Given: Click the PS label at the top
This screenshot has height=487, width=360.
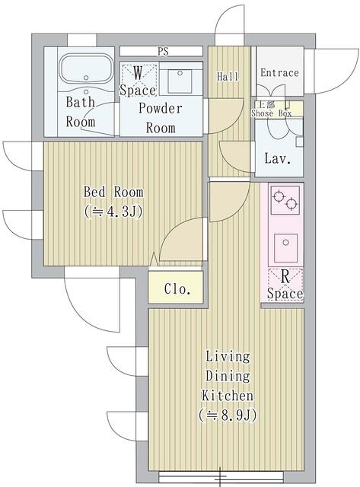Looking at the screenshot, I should pos(162,52).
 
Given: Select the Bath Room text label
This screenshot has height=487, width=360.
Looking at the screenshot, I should pos(80,111).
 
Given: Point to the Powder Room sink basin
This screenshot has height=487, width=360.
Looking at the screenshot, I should pos(180,79).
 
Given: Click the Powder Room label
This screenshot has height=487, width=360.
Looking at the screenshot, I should pos(160,118).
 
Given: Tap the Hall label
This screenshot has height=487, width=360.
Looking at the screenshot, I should pos(228,77).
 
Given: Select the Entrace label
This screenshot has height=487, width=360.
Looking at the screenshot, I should pos(279,73).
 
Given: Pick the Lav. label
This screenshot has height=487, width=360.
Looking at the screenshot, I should pos(275,159).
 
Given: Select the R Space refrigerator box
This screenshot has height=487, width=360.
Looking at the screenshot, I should pos(285,285).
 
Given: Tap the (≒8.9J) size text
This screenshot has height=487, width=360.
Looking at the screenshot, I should pos(227,415).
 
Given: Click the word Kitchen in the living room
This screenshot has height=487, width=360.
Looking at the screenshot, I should pos(227,396).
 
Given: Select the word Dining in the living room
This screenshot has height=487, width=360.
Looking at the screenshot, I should pos(227,376).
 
